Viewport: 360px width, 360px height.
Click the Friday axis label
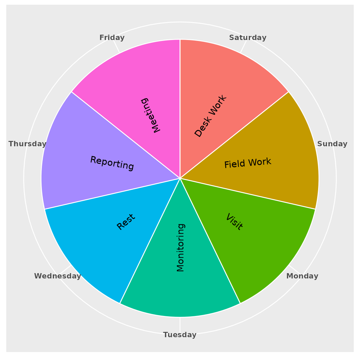pyautogui.click(x=112, y=37)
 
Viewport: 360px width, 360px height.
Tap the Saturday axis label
pyautogui.click(x=248, y=37)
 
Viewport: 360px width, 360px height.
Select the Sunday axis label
pyautogui.click(x=332, y=144)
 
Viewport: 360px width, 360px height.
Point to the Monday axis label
pyautogui.click(x=302, y=276)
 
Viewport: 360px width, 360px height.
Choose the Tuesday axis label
pyautogui.click(x=180, y=335)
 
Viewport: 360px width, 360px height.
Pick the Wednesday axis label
pyautogui.click(x=57, y=276)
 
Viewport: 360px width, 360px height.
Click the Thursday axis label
pyautogui.click(x=27, y=144)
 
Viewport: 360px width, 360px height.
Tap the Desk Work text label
pyautogui.click(x=211, y=116)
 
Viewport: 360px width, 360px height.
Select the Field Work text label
pyautogui.click(x=248, y=163)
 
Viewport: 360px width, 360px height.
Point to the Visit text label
pyautogui.click(x=234, y=222)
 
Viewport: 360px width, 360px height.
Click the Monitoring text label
pyautogui.click(x=180, y=247)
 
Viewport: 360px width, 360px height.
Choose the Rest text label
pyautogui.click(x=126, y=222)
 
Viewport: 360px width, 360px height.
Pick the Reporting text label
pyautogui.click(x=112, y=163)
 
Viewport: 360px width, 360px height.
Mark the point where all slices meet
pyautogui.click(x=180, y=178)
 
